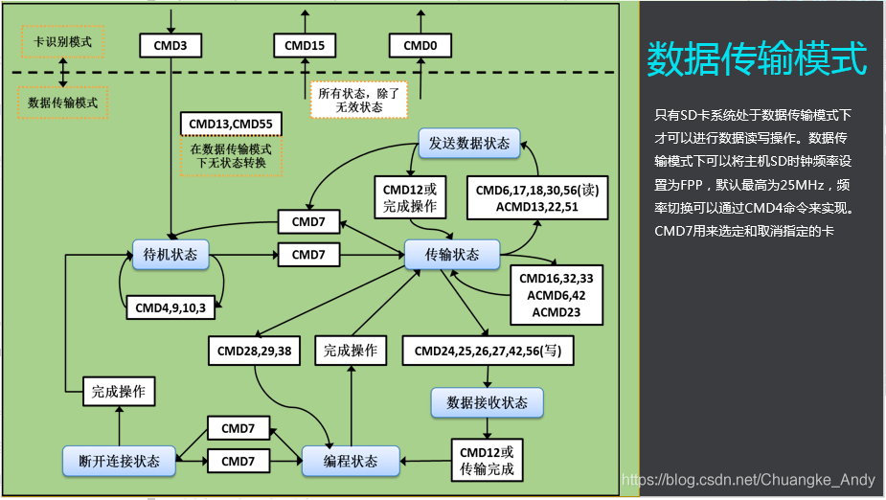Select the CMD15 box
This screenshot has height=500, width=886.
(305, 44)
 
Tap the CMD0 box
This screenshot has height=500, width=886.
(420, 44)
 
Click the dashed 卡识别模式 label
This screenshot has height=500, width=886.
(62, 42)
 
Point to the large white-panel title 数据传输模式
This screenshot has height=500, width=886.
(757, 58)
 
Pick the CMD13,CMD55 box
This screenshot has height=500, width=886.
(230, 124)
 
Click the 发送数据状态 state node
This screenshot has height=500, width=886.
(469, 144)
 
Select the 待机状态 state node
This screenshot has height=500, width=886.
(170, 254)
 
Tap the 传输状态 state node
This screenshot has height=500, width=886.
(452, 254)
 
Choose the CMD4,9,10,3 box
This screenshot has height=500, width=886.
(170, 307)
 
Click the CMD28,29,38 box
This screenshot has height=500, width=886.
(255, 351)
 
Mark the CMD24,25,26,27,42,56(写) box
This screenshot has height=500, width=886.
(488, 351)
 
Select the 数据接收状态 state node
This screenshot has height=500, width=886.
(487, 402)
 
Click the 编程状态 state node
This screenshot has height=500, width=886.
(351, 461)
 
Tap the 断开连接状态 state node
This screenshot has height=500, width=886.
(119, 461)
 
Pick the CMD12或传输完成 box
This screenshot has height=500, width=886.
(487, 460)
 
